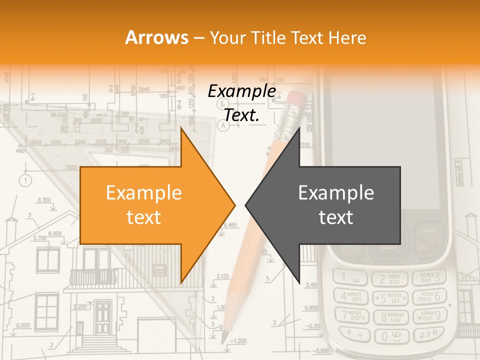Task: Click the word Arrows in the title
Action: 156,37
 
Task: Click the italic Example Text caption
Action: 241,103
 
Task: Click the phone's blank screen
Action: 382,145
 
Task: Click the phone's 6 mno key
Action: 429,296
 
